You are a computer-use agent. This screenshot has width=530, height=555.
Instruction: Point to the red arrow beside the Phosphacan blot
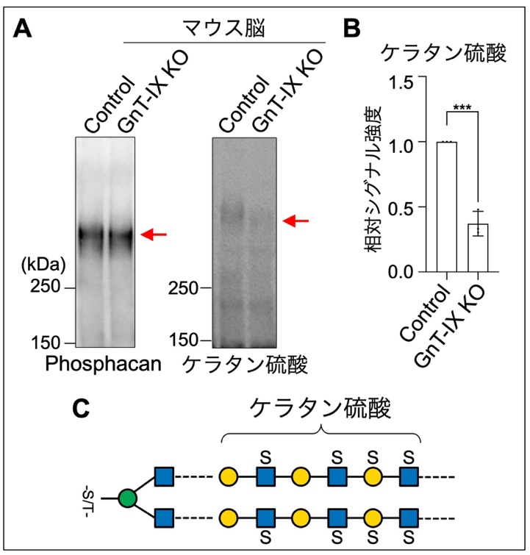click(x=154, y=234)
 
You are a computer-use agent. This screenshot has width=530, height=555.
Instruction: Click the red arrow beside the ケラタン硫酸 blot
click(x=297, y=220)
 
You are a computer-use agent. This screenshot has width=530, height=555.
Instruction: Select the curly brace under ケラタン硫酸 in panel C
click(x=320, y=434)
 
